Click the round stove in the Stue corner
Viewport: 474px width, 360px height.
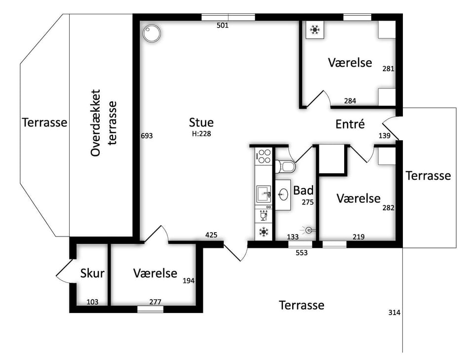tap(152, 34)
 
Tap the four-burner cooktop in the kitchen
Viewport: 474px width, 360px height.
tap(264, 156)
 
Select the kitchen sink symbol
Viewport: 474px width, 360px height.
tap(264, 194)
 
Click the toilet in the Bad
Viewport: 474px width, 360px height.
tap(285, 166)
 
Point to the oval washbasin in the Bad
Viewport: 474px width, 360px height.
tap(283, 195)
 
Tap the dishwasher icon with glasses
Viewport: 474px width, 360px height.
tap(264, 214)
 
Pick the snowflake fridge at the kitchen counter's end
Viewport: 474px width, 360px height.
tap(264, 232)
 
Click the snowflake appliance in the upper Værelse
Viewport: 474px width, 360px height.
tap(315, 30)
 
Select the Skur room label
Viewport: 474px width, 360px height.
tap(92, 273)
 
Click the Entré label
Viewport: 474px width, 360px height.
tap(350, 124)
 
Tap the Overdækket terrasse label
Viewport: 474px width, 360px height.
tap(103, 122)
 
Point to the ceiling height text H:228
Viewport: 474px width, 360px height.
tap(201, 134)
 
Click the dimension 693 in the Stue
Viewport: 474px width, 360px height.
tap(147, 136)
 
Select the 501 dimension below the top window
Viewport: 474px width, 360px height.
tap(223, 25)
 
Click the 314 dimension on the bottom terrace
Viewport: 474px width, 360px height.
tap(394, 313)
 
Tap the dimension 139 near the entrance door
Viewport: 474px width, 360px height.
tap(385, 136)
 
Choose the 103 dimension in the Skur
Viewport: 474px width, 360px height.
tap(92, 302)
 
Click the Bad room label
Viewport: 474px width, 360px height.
tap(303, 191)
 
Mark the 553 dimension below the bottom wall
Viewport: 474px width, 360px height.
tap(301, 253)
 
